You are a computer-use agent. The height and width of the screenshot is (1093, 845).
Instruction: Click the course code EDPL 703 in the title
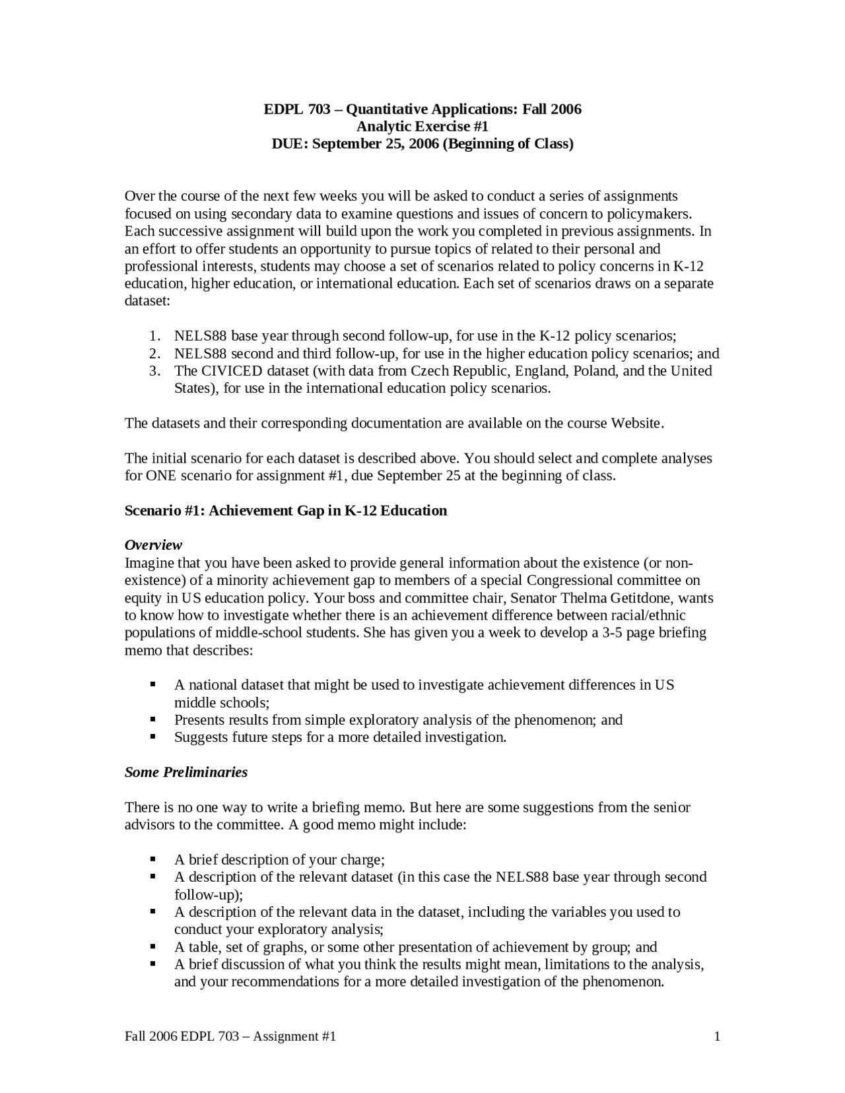pos(296,109)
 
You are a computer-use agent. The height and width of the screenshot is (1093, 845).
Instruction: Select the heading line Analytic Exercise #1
pos(422,126)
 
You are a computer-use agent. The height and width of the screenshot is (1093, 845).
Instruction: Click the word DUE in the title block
pos(289,144)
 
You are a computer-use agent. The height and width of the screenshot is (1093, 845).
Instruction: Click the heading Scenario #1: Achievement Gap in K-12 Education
pos(286,510)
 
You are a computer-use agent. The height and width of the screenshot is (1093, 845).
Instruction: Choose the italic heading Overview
pos(153,545)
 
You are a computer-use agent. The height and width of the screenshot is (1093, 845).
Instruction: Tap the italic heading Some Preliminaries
pos(186,772)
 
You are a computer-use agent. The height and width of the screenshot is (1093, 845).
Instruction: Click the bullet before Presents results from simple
pos(153,719)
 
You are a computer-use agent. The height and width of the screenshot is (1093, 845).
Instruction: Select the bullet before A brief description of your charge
pos(153,859)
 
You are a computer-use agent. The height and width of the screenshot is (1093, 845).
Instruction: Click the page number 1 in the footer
pos(716,1036)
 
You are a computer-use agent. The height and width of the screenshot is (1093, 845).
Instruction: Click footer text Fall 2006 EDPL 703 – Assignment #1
pos(230,1036)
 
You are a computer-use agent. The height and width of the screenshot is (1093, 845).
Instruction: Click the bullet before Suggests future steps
pos(153,737)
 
